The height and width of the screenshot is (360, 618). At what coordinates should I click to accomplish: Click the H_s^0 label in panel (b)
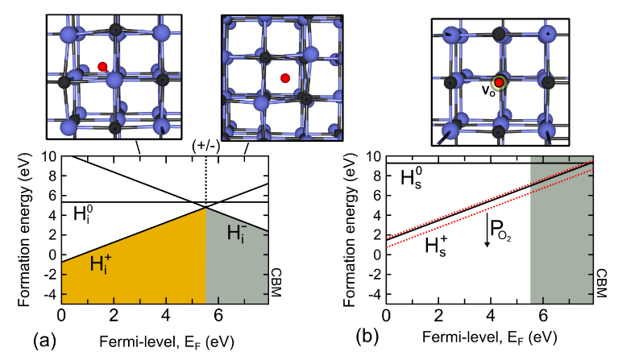416,179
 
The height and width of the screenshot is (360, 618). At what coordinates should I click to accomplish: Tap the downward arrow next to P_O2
487,229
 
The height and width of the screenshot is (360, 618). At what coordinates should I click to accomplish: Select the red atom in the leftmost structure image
102,67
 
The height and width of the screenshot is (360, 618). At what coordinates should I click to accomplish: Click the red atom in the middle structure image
285,78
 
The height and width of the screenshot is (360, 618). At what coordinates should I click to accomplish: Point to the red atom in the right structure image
500,82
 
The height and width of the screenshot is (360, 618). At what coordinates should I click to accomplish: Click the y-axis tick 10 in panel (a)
48,155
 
